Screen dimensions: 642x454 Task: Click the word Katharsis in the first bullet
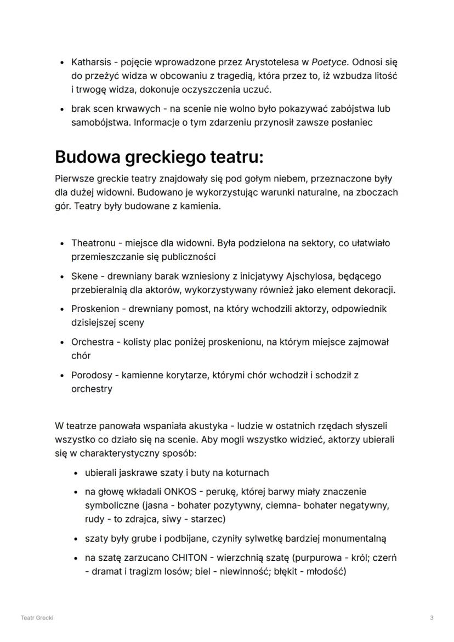coord(89,62)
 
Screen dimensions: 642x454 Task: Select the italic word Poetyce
coord(327,62)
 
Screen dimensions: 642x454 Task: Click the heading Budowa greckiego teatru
coord(159,157)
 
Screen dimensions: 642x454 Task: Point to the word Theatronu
coord(93,243)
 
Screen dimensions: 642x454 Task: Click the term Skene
coord(84,276)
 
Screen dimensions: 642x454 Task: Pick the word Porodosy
coord(92,376)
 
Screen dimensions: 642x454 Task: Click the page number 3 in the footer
coord(432,618)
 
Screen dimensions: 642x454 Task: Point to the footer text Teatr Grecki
coord(37,618)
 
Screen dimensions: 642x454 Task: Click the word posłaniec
coord(352,122)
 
